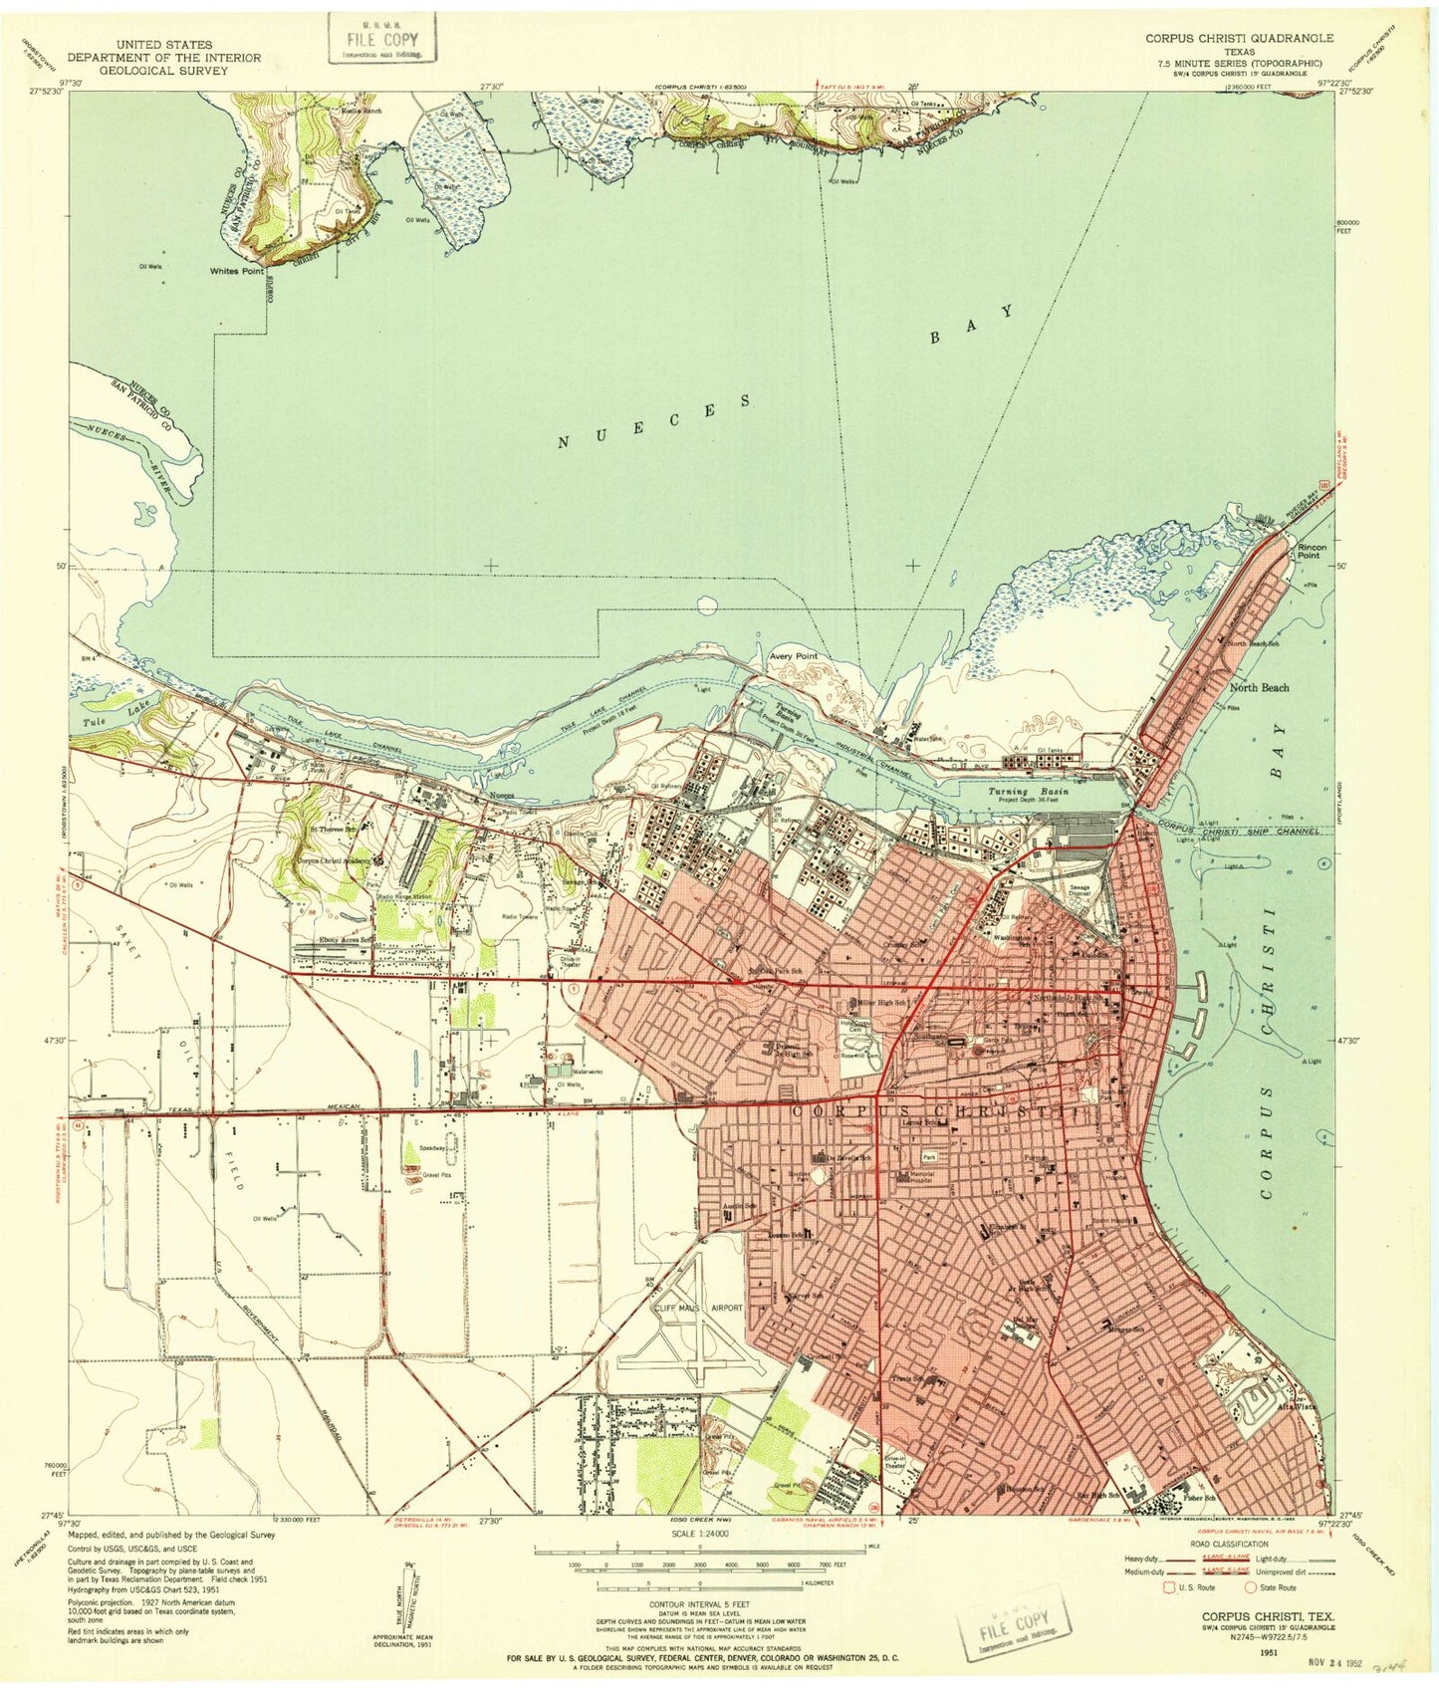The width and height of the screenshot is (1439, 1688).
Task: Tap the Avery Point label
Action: point(794,656)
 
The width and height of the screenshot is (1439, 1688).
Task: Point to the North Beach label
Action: point(1259,687)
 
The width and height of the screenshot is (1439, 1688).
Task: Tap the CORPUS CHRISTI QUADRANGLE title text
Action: point(1239,38)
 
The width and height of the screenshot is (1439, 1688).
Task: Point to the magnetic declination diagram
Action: point(407,1598)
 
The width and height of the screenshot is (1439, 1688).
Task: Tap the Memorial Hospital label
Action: point(921,1176)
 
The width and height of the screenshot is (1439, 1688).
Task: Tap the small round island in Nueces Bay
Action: point(707,603)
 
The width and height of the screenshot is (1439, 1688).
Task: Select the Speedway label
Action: point(432,1147)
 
